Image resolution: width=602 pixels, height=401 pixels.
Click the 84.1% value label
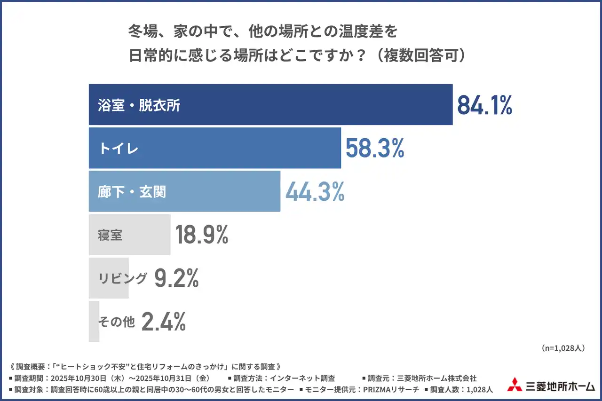tap(484, 105)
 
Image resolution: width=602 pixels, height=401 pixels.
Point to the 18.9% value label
tap(202, 235)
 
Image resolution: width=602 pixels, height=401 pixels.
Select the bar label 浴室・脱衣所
tap(139, 105)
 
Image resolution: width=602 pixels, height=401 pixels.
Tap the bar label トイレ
tap(119, 149)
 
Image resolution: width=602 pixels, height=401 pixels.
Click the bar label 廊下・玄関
tap(132, 192)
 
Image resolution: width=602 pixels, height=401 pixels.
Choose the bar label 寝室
tap(111, 235)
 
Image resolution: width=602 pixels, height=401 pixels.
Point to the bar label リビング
tap(122, 278)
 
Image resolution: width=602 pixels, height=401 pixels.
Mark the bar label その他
tap(116, 322)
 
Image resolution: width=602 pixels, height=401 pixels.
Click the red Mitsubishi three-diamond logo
tap(515, 385)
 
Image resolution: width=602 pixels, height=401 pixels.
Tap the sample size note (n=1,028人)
tap(563, 348)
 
